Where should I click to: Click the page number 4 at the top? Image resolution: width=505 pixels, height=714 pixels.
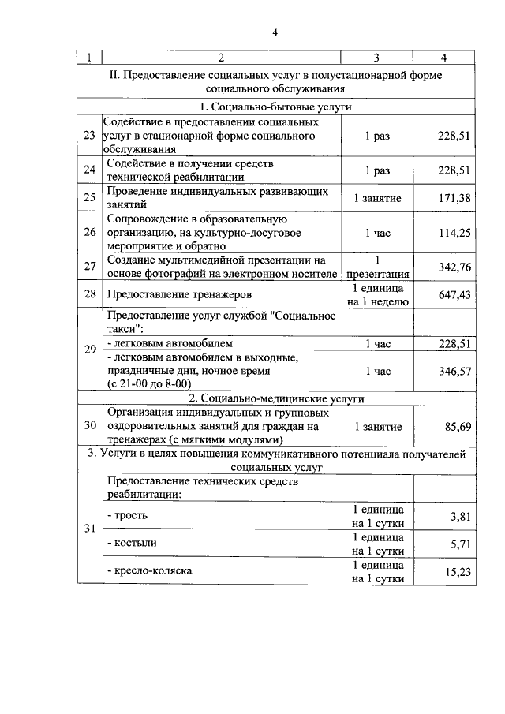pyautogui.click(x=275, y=32)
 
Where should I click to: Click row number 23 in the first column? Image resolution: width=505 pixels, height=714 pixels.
pyautogui.click(x=89, y=136)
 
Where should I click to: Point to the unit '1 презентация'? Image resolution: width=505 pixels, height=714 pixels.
pyautogui.click(x=377, y=267)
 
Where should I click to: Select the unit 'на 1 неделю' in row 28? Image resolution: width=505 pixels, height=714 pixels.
pyautogui.click(x=377, y=301)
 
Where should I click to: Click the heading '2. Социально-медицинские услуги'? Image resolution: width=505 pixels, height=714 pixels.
pyautogui.click(x=275, y=398)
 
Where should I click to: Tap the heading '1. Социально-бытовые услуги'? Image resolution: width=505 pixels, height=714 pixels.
pyautogui.click(x=275, y=107)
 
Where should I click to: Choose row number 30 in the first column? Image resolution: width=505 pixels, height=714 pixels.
pyautogui.click(x=89, y=426)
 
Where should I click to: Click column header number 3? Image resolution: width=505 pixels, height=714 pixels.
pyautogui.click(x=376, y=57)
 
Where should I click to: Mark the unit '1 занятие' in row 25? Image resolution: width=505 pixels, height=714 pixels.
pyautogui.click(x=377, y=197)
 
